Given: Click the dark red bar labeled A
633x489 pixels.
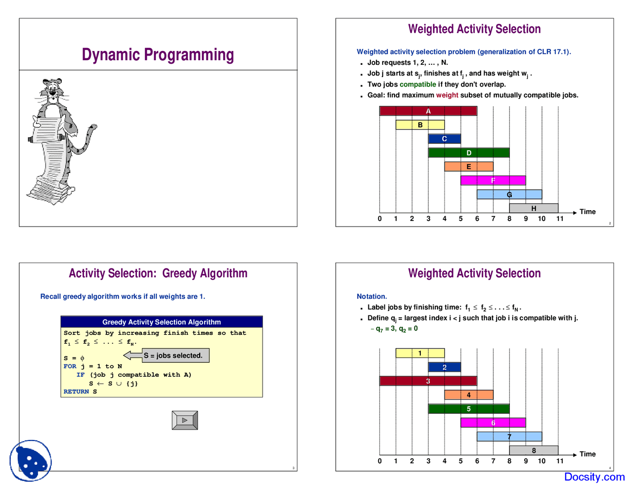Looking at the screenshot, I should (x=428, y=111).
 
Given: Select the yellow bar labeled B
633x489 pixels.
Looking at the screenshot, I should (x=420, y=125).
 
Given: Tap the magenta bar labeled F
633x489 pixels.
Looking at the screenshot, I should (x=493, y=180).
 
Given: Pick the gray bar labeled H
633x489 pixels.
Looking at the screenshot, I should (x=534, y=208).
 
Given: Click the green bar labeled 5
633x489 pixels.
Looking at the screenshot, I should (x=468, y=409).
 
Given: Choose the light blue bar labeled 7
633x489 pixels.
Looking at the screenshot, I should (x=509, y=437).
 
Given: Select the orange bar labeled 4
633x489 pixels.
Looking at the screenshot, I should (x=468, y=395).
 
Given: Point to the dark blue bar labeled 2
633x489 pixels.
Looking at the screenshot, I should (x=444, y=367).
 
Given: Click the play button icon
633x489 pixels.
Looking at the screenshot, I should (x=185, y=420).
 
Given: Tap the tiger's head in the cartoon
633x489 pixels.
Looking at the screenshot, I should (x=52, y=89).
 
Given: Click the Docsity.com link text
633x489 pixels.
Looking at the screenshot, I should (x=594, y=477).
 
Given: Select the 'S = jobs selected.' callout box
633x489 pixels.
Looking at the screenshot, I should (x=173, y=356).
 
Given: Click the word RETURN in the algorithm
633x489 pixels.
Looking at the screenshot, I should (x=76, y=392).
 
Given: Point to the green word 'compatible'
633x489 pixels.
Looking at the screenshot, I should (x=417, y=85).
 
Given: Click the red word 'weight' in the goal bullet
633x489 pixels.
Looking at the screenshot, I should (x=447, y=95).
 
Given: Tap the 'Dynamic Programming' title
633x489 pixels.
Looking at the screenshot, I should (x=158, y=54).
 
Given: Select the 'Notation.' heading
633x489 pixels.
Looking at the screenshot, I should (x=372, y=297).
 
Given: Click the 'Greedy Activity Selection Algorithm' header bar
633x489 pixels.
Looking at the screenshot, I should (x=162, y=322).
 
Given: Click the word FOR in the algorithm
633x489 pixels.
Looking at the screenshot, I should (x=70, y=366).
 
